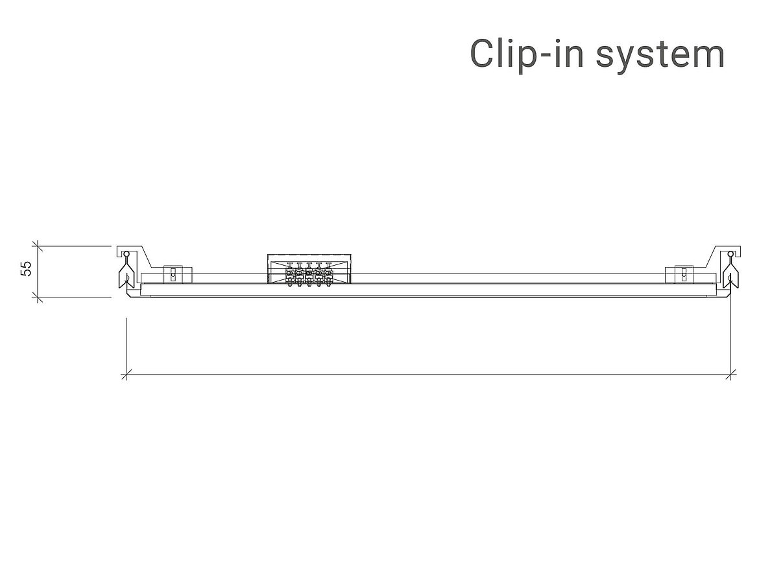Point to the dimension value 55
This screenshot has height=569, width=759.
26,269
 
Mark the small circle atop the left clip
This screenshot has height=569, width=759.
126,253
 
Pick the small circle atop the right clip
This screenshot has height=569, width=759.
730,253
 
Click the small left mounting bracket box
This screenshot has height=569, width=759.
173,274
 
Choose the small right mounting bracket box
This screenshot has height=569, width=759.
683,274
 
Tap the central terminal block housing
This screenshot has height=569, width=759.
309,270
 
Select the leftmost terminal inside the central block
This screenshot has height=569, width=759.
290,277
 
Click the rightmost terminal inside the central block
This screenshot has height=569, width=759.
328,277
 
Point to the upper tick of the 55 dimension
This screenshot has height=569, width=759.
37,246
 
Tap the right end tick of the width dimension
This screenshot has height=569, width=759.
732,374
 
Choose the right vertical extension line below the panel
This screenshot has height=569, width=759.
732,337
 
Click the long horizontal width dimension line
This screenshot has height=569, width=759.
428,374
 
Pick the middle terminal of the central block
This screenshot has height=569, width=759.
309,277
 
